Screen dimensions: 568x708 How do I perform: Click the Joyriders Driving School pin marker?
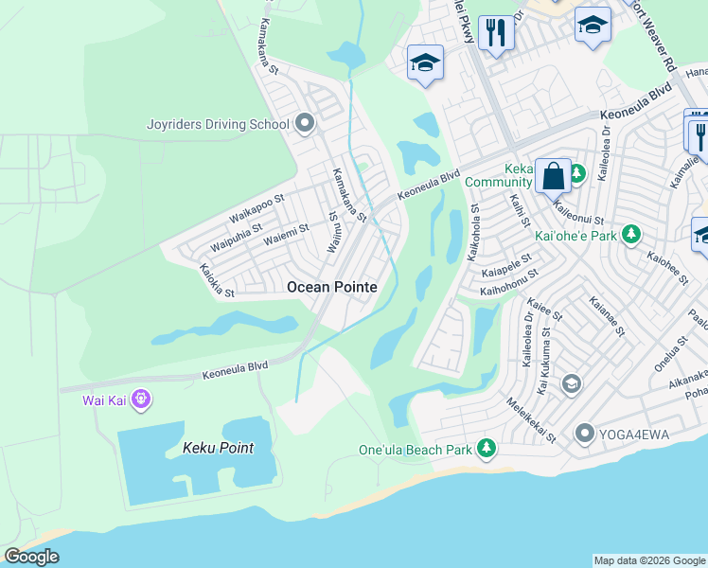pos(304,123)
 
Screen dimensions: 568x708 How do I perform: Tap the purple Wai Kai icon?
pos(141,399)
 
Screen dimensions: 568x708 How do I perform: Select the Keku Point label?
pos(218,448)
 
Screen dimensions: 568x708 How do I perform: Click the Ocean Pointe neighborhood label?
pos(331,287)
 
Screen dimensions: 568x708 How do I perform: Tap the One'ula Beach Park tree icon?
pos(487,447)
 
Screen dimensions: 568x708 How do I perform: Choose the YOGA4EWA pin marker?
pos(584,434)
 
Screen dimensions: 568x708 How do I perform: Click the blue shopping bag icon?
pos(553,175)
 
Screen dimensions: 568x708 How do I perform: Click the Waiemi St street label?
pos(286,234)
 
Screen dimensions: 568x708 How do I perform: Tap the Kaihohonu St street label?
pos(509,274)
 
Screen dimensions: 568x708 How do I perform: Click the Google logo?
pos(32,557)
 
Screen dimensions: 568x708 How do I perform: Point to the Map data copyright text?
pos(648,560)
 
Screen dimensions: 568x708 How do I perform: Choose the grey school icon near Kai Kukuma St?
pos(571,383)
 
